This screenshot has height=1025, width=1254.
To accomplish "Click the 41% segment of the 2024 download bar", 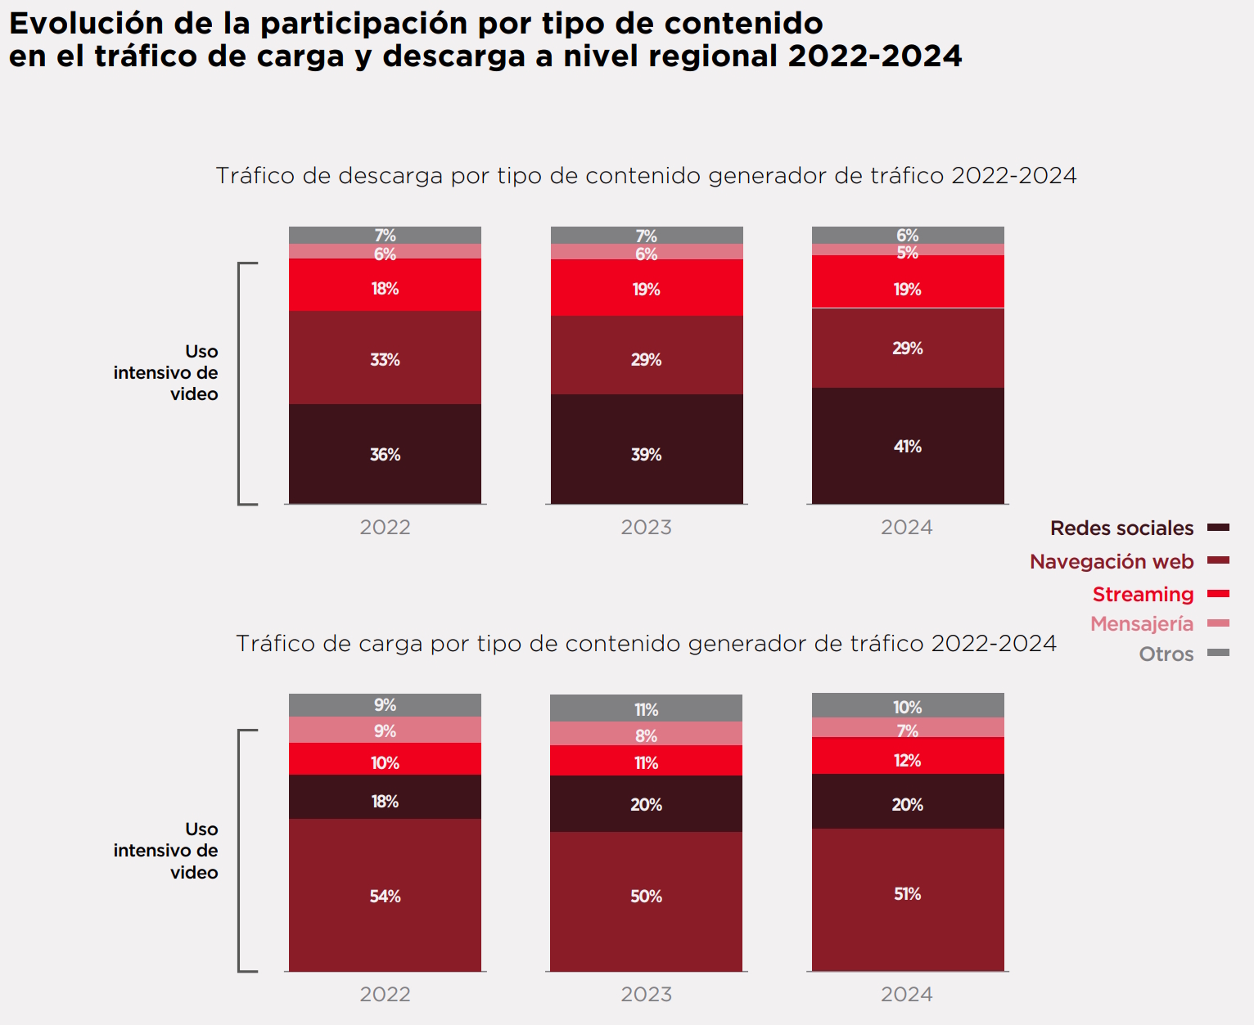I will [907, 446].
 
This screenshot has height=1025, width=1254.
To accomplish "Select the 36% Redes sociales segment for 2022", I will [385, 454].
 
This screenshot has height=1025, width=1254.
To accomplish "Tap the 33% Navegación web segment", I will [385, 358].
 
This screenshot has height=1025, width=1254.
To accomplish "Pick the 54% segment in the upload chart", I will [385, 896].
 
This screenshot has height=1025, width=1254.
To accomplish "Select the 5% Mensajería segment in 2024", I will [907, 250].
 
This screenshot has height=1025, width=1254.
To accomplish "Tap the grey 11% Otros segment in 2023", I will [646, 708].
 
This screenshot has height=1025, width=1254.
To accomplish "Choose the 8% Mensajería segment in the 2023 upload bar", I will [646, 735].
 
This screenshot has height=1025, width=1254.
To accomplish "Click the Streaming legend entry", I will [1143, 594].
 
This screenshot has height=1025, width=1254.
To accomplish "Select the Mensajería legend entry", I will [1141, 623].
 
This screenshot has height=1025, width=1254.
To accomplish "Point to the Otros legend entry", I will [1166, 654].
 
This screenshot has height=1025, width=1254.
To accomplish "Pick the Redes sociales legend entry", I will [1121, 528].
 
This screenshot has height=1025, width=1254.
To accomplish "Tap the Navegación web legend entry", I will [1111, 561].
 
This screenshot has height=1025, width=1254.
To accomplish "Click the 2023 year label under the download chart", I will [646, 527].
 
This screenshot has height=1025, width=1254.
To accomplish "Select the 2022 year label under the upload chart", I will [385, 994].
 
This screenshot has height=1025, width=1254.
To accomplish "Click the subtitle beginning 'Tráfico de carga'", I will [646, 644].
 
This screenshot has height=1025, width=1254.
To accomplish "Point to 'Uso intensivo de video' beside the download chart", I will [166, 372].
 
